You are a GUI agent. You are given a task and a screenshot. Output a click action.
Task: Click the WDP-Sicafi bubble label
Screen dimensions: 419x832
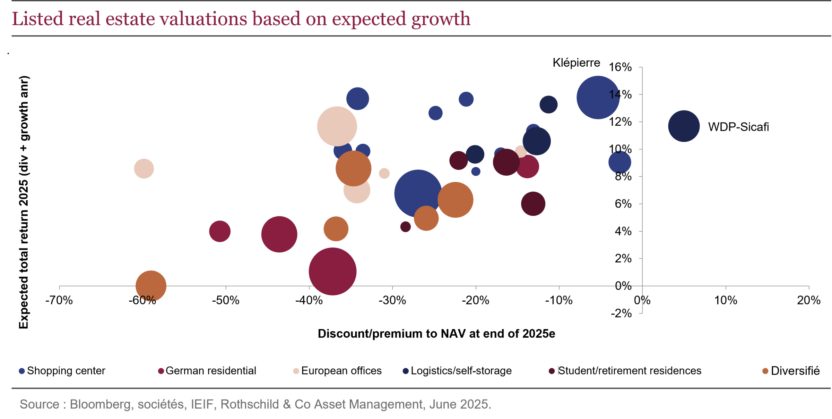(x=738, y=127)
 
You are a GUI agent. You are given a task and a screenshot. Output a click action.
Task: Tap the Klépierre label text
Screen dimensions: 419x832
(x=576, y=63)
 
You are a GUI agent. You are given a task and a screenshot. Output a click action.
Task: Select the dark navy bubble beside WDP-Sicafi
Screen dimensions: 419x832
(x=684, y=126)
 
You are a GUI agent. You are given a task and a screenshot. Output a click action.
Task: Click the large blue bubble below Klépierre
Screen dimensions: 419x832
(x=598, y=98)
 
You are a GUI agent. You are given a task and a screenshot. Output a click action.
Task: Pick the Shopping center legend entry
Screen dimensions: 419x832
(x=62, y=371)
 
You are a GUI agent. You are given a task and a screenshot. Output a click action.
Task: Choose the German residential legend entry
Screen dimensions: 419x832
(x=207, y=371)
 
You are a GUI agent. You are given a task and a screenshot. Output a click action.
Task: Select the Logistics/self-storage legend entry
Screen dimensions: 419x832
(x=457, y=371)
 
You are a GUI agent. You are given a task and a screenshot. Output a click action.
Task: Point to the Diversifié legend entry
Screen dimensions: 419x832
(x=791, y=371)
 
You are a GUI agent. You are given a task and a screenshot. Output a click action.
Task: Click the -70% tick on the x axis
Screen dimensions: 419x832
(x=59, y=300)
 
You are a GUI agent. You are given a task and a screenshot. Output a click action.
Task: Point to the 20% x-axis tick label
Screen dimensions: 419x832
(x=808, y=300)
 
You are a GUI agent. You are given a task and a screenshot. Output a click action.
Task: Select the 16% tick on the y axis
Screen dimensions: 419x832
(x=620, y=67)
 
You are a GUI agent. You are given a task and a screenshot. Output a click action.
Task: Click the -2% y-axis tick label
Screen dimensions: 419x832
(x=621, y=313)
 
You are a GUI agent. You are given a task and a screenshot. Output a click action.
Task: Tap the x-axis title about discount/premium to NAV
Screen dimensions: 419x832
(x=436, y=334)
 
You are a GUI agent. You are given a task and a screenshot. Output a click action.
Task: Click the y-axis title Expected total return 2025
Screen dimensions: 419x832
(x=24, y=202)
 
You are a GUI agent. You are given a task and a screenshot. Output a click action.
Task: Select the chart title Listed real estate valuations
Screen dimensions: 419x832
(x=241, y=19)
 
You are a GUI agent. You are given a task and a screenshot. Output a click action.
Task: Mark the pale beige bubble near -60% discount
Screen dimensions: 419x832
(x=144, y=169)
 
